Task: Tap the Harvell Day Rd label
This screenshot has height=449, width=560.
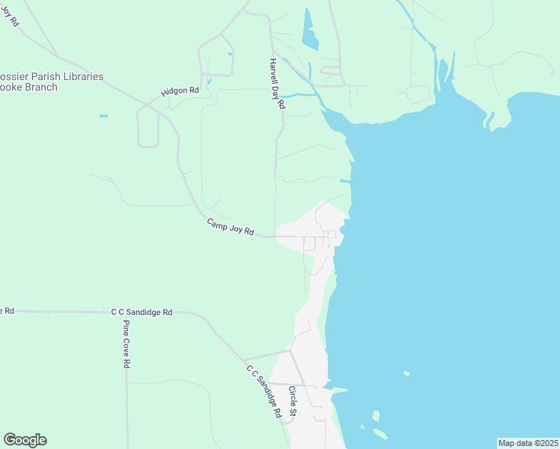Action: (x=277, y=85)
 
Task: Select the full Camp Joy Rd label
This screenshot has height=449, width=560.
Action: (x=231, y=227)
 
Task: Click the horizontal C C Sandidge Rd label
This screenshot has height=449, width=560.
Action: (x=142, y=312)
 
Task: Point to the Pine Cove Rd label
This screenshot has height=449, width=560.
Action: (x=127, y=344)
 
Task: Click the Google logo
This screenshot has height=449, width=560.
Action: (x=25, y=440)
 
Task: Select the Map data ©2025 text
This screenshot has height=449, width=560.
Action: (x=529, y=442)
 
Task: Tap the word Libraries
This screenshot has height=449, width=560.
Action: (x=83, y=77)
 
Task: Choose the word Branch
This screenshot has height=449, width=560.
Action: (x=41, y=88)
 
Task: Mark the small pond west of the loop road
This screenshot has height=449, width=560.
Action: (x=103, y=116)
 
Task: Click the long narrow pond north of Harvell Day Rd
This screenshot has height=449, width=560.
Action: (x=309, y=30)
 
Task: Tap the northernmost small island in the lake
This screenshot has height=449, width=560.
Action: (x=407, y=373)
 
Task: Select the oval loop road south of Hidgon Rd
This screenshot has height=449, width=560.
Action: (x=147, y=126)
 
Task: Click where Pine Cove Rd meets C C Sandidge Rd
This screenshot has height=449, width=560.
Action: (x=126, y=313)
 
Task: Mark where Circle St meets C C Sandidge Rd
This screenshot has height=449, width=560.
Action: (x=290, y=349)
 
